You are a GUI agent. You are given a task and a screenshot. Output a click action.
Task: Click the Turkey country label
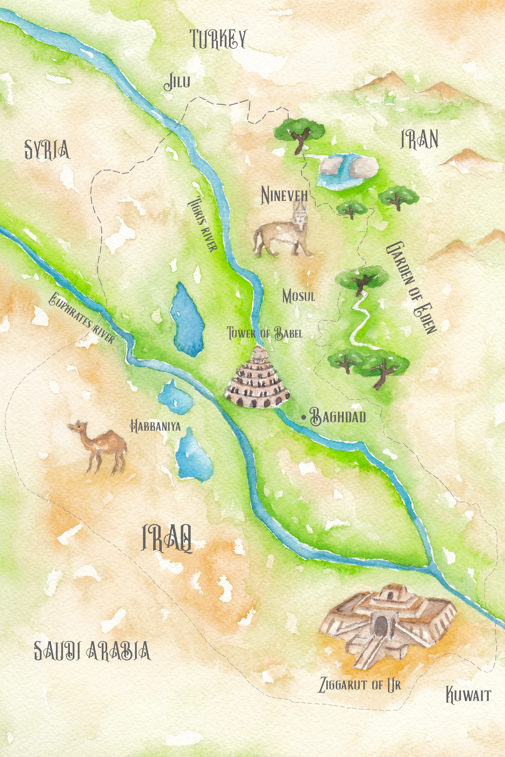[218, 39]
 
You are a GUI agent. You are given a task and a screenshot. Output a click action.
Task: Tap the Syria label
[47, 149]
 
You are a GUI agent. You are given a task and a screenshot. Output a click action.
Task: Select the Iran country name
[419, 139]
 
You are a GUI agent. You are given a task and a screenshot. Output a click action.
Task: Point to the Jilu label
[177, 82]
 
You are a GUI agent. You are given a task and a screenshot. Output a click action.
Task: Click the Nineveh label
[284, 195]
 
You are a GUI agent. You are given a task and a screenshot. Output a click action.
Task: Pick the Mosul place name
[298, 296]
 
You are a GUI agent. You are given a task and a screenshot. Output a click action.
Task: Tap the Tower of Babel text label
[265, 333]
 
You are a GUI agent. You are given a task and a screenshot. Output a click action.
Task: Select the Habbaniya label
[155, 427]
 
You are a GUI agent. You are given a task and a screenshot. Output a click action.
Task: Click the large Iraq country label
[167, 538]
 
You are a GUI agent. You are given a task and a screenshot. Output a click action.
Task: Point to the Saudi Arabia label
[92, 650]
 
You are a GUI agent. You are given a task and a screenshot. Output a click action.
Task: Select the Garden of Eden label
[411, 287]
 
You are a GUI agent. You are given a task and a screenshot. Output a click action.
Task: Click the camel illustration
[100, 446]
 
